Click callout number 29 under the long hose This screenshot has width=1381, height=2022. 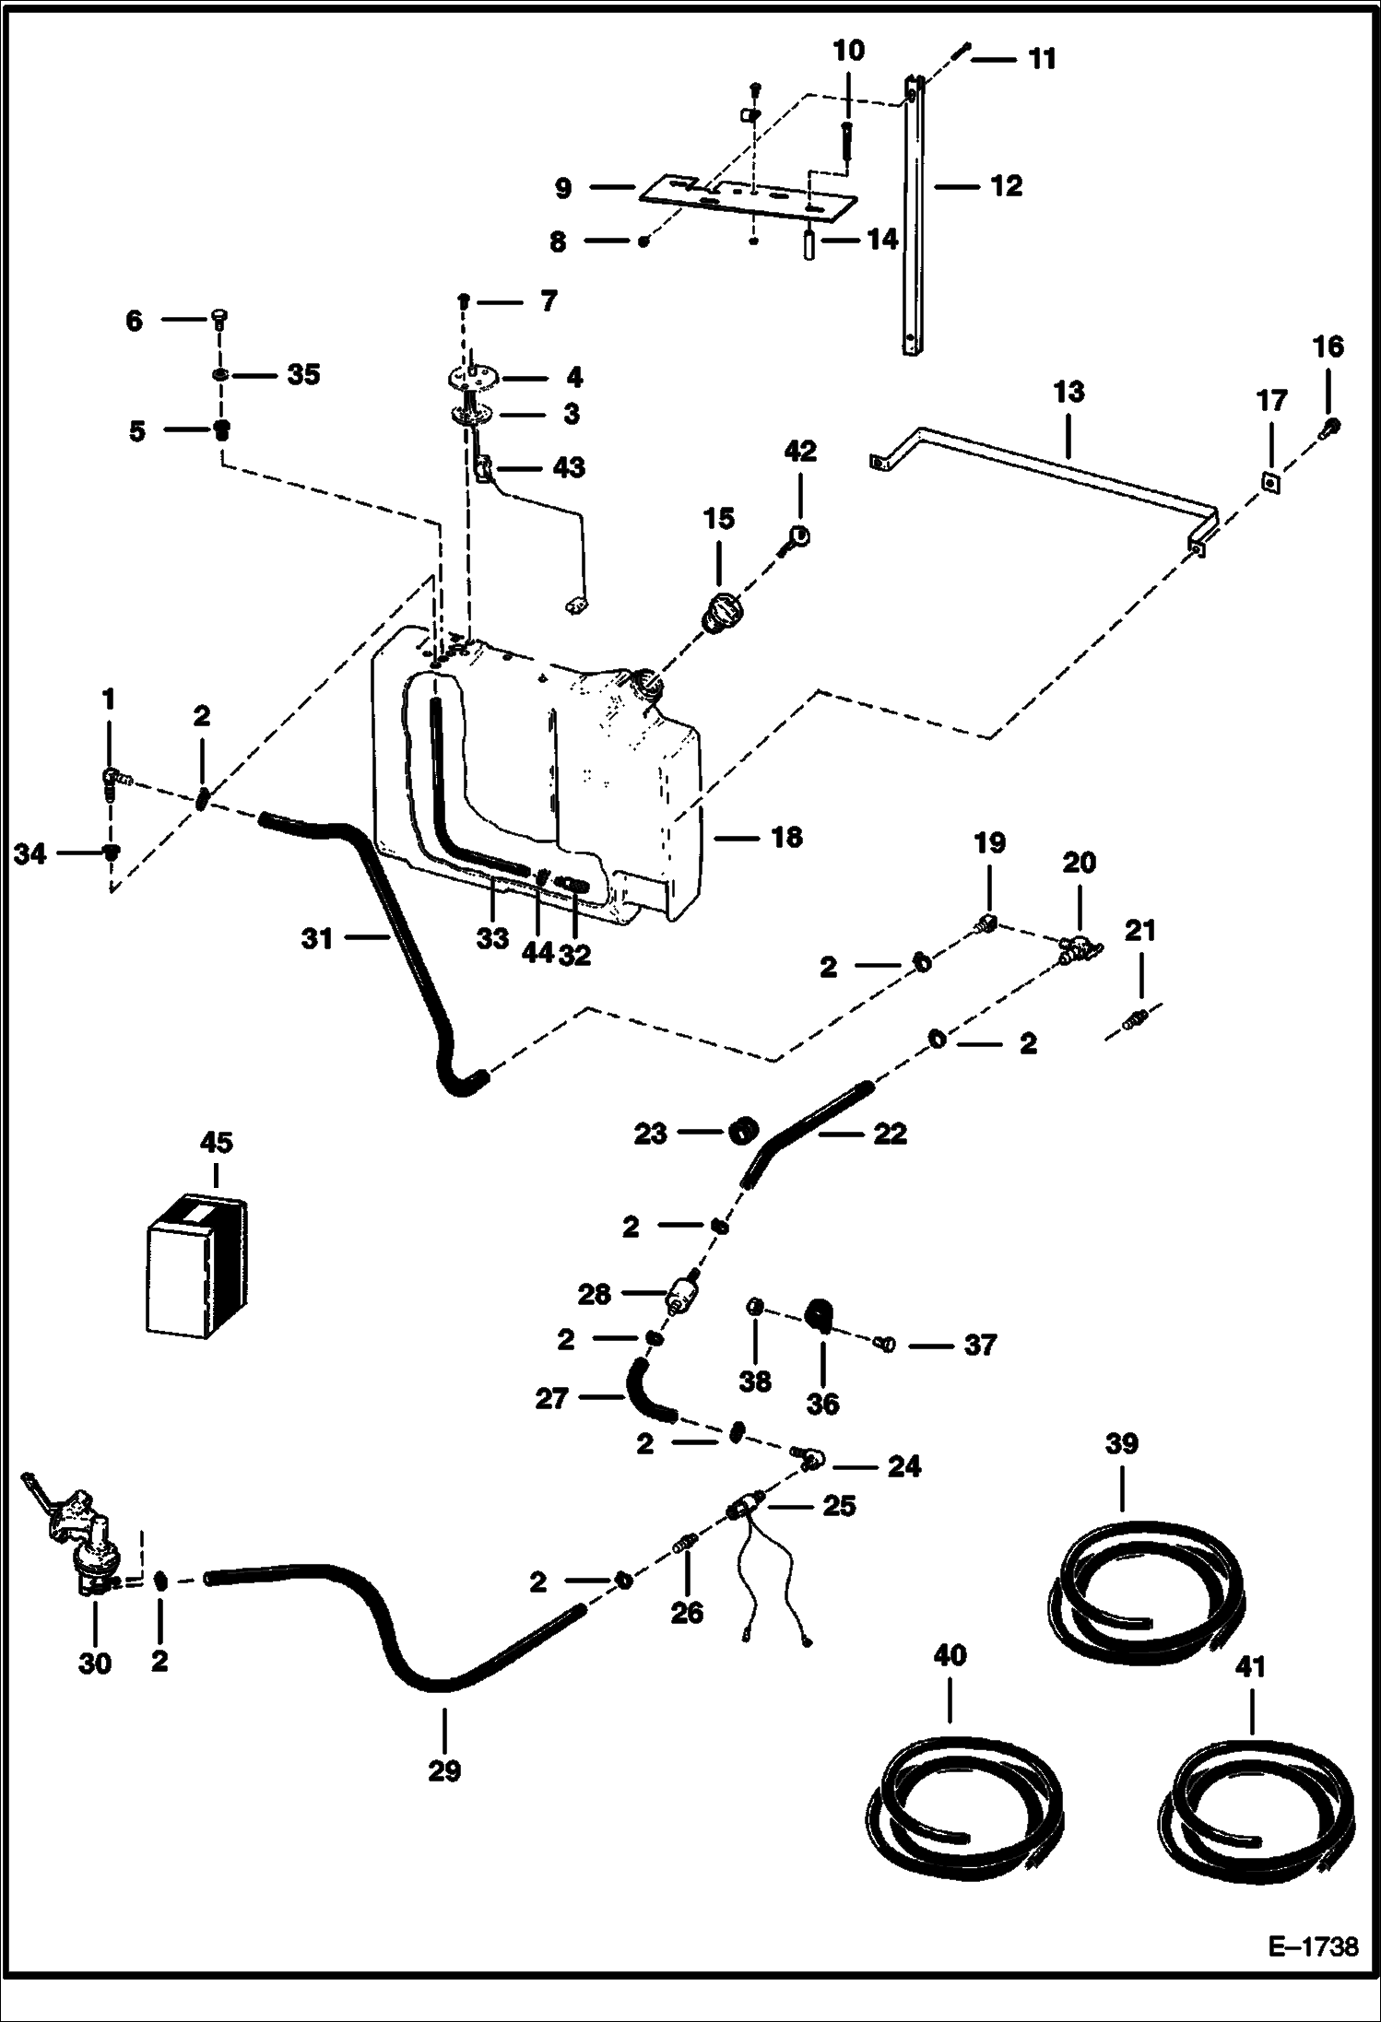pyautogui.click(x=444, y=1771)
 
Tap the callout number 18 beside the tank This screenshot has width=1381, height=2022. pyautogui.click(x=785, y=838)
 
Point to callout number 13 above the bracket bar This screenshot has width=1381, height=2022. pyautogui.click(x=1068, y=393)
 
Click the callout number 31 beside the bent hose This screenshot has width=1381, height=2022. pyautogui.click(x=317, y=939)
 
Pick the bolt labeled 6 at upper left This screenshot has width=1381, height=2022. pyautogui.click(x=220, y=319)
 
